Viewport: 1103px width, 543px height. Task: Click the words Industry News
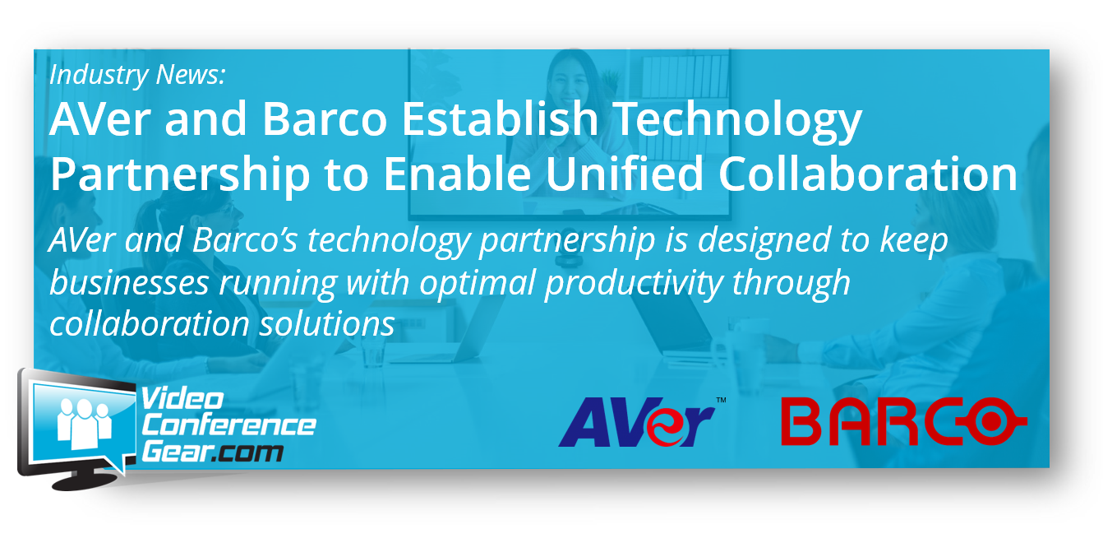[x=137, y=74]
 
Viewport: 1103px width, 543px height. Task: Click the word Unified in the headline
[x=625, y=173]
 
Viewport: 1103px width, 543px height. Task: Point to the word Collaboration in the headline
[x=868, y=173]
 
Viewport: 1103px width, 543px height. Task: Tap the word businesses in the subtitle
[x=129, y=283]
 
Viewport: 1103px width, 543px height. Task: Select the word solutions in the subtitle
[x=327, y=324]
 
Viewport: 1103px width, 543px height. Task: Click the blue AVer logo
[x=636, y=422]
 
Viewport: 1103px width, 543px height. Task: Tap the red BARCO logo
[x=904, y=421]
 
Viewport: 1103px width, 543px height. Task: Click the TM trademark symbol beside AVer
[x=721, y=400]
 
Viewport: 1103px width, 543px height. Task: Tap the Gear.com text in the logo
[x=213, y=452]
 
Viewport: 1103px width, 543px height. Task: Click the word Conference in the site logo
[x=228, y=425]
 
